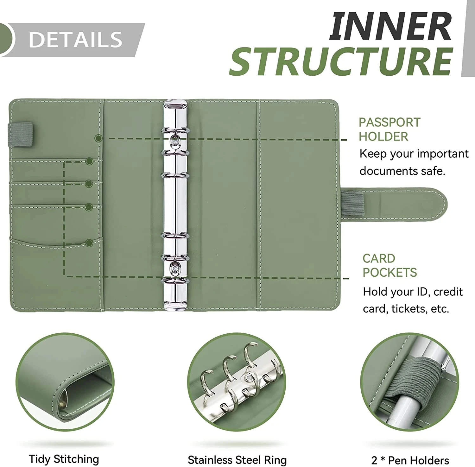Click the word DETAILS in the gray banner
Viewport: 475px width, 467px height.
[75, 40]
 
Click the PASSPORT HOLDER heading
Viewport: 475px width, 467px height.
[389, 129]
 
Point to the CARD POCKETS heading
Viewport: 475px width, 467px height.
[389, 265]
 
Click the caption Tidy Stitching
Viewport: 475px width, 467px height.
[64, 459]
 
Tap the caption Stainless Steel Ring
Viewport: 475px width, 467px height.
[237, 460]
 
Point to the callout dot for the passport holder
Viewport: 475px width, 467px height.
[99, 138]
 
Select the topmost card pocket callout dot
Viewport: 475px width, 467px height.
[89, 161]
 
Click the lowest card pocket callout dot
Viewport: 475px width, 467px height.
[89, 243]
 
